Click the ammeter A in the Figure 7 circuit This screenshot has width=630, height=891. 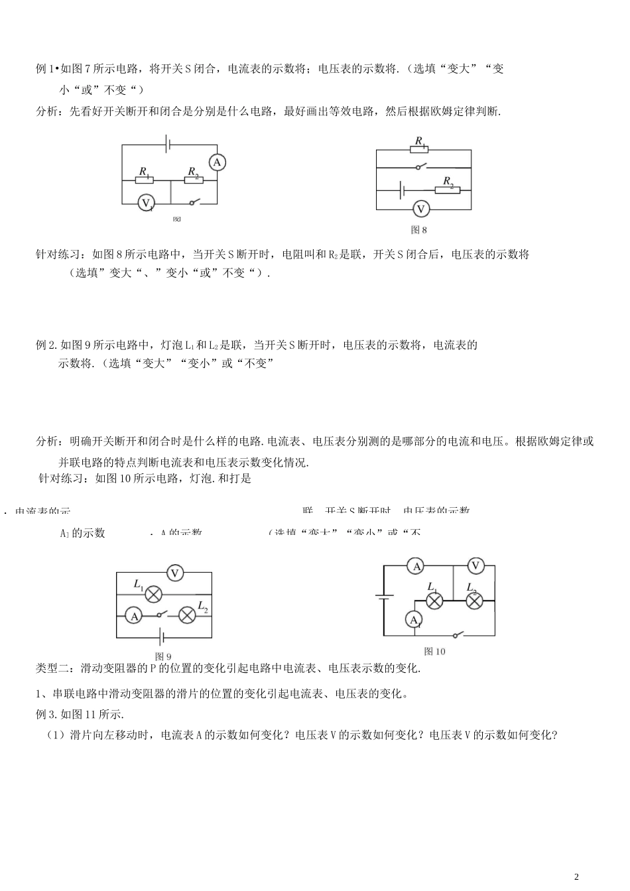(x=216, y=162)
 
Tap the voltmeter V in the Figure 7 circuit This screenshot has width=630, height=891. (x=146, y=203)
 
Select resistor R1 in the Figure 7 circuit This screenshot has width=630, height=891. (x=144, y=180)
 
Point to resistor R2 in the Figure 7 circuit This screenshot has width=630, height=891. (x=194, y=180)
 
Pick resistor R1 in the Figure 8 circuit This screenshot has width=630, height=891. (x=419, y=150)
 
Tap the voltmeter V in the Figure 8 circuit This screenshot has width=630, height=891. (x=420, y=209)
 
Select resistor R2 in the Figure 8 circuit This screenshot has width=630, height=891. (x=446, y=189)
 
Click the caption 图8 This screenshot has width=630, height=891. (x=419, y=230)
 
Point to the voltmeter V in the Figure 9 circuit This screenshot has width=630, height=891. (x=174, y=573)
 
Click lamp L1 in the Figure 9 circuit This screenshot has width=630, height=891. (x=154, y=594)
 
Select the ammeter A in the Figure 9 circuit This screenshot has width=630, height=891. (x=134, y=616)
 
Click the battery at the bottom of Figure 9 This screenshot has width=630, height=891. (x=161, y=639)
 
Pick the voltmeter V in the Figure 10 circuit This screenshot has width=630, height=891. (x=475, y=565)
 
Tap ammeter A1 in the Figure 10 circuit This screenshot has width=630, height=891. (x=414, y=619)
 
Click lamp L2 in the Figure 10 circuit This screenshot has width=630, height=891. (x=473, y=601)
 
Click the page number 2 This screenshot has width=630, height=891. (x=576, y=876)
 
